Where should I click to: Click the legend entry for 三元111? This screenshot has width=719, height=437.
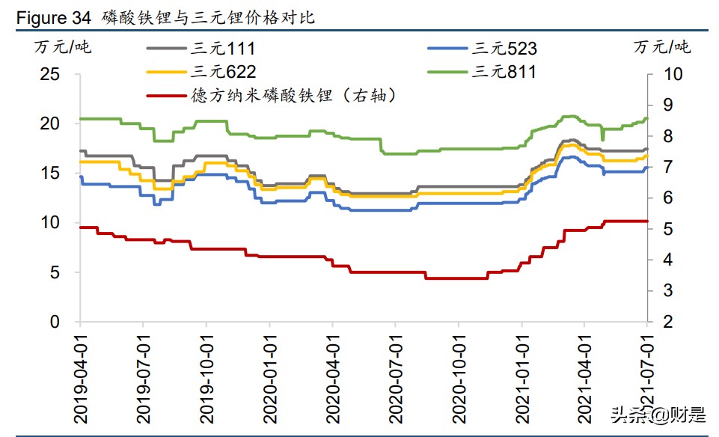(x=223, y=49)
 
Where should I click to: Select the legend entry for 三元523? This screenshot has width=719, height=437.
(x=504, y=49)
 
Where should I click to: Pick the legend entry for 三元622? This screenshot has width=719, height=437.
(x=223, y=72)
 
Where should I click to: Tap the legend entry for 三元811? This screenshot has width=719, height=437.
(x=504, y=72)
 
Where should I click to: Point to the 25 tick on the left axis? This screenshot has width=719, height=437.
(x=49, y=74)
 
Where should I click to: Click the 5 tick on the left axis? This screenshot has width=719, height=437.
(x=55, y=272)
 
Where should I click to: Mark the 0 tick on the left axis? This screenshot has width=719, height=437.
(x=55, y=323)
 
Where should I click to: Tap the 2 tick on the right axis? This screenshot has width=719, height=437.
(x=668, y=323)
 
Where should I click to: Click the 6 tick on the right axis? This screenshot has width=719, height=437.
(x=668, y=198)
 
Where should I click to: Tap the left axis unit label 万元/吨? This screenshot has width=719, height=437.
(x=63, y=46)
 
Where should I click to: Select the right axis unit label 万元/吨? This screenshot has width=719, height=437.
(x=662, y=46)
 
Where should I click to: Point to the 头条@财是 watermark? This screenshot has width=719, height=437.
(x=658, y=413)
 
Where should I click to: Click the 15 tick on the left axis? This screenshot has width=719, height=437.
(x=49, y=174)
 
